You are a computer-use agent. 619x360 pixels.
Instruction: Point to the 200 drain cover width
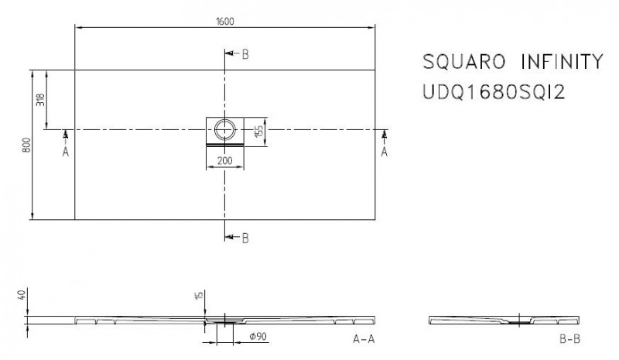(225, 161)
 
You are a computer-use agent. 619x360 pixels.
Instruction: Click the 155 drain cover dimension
(261, 129)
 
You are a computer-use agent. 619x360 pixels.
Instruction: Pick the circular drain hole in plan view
(226, 129)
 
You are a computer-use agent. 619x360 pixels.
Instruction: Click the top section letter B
(244, 53)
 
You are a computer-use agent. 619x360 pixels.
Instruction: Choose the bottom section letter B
(244, 238)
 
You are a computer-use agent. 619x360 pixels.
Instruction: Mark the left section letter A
(66, 153)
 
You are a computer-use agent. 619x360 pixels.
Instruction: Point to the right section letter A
(385, 153)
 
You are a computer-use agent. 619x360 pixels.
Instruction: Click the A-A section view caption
(364, 338)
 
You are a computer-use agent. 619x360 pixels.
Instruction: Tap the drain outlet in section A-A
(224, 320)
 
